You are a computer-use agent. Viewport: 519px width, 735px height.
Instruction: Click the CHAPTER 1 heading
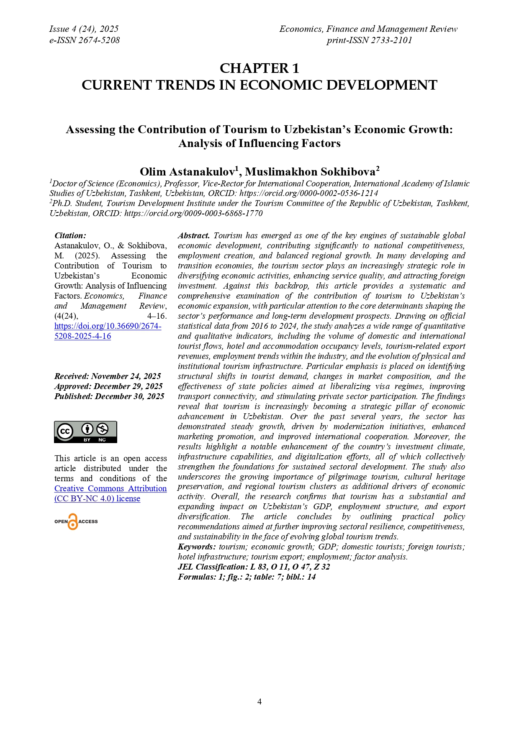(x=259, y=68)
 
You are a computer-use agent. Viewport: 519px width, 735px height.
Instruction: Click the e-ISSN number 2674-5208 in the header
(x=85, y=40)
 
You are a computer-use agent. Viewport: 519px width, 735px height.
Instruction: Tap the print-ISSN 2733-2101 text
(x=369, y=40)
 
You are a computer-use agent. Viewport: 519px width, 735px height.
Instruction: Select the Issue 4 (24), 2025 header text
(x=84, y=29)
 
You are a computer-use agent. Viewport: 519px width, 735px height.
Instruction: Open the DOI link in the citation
(x=108, y=331)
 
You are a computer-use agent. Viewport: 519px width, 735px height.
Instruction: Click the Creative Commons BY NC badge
(x=85, y=432)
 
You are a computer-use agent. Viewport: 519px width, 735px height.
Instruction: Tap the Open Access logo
(x=76, y=521)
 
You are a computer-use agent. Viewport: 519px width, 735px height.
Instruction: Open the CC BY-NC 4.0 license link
(x=110, y=493)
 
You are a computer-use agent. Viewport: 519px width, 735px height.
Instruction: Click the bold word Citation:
(x=70, y=236)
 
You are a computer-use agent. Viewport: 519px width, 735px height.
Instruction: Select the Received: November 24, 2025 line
(x=108, y=376)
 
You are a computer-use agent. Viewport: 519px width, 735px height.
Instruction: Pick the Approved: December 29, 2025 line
(x=108, y=386)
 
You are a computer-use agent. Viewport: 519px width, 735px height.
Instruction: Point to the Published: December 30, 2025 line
(x=109, y=396)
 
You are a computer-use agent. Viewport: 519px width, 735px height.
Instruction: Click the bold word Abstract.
(x=193, y=236)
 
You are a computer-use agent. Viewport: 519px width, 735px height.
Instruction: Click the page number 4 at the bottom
(x=259, y=701)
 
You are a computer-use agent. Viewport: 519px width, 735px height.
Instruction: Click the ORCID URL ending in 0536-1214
(x=308, y=193)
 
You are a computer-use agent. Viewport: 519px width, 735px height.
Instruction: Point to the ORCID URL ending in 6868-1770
(x=193, y=213)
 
